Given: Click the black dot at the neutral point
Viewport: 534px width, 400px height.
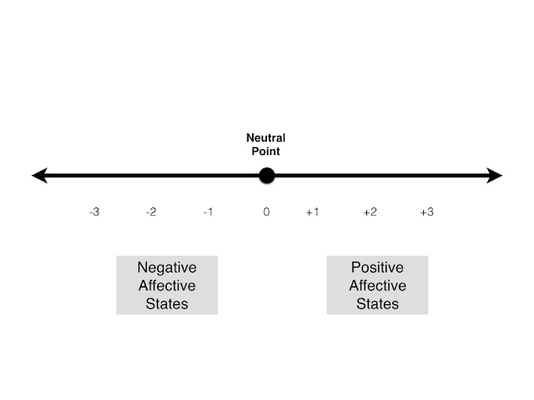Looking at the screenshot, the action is click(266, 176).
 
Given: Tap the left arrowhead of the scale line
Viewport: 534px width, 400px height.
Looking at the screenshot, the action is click(38, 176).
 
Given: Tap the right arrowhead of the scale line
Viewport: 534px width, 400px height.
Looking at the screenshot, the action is click(495, 176).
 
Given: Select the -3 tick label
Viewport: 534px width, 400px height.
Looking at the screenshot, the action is click(94, 212).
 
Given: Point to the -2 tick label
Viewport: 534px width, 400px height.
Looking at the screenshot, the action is click(151, 212).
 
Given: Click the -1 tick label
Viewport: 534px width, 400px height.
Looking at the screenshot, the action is click(208, 212).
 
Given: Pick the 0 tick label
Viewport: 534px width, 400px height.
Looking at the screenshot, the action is click(266, 212).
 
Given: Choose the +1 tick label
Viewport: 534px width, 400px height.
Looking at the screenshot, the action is click(312, 212).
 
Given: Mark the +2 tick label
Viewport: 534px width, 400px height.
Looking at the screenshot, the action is click(370, 212).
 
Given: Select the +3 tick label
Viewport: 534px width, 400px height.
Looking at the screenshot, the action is click(426, 212).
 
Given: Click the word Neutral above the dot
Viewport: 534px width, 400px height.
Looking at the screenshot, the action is click(266, 138).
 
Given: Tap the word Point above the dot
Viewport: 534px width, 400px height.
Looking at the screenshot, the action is click(266, 152).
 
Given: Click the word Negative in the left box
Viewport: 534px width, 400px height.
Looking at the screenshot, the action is click(167, 267).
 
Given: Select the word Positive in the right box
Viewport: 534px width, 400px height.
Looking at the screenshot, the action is click(377, 267).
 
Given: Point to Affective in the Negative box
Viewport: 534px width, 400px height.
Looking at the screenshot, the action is click(167, 286).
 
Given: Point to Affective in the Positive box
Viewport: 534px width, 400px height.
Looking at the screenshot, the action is click(377, 286).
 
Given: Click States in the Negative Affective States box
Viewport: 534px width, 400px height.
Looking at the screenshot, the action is click(167, 303).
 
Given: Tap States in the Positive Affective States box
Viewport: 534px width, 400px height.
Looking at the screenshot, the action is click(377, 303).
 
